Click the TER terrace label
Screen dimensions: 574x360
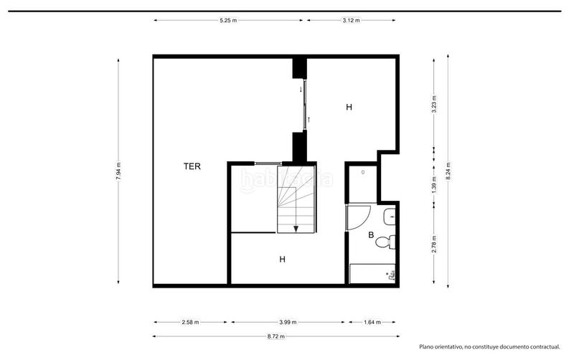tap(192, 166)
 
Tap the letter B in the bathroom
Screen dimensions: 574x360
tap(371, 235)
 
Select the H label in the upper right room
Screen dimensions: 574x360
tap(349, 107)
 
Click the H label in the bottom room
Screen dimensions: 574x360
tap(282, 260)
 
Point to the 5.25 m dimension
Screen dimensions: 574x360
tap(228, 21)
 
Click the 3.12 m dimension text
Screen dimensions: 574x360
tap(351, 21)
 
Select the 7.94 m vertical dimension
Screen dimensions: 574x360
tap(118, 171)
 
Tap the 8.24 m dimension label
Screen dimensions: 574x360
tap(448, 171)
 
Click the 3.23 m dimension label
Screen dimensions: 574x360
tap(434, 105)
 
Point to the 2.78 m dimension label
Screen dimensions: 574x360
tap(434, 244)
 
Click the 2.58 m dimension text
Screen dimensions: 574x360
tap(190, 322)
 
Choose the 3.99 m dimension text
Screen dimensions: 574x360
tap(288, 322)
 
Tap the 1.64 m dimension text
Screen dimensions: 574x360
tap(372, 322)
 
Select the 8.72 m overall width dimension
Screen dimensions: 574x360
tap(276, 336)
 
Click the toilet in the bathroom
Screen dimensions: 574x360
tap(385, 242)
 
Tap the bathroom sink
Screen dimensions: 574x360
tap(390, 217)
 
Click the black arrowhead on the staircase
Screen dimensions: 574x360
tap(296, 229)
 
